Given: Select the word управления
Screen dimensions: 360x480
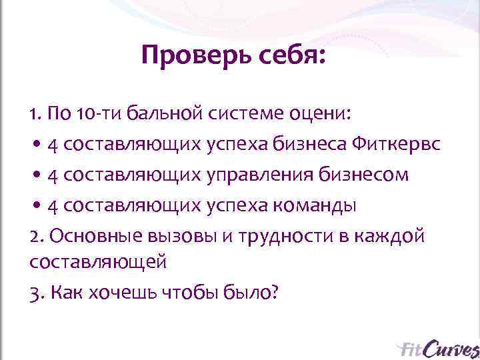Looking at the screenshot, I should coord(255,174).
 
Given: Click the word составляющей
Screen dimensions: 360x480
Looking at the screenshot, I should coord(97,262).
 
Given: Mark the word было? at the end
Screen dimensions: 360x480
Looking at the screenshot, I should coord(251,293).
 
